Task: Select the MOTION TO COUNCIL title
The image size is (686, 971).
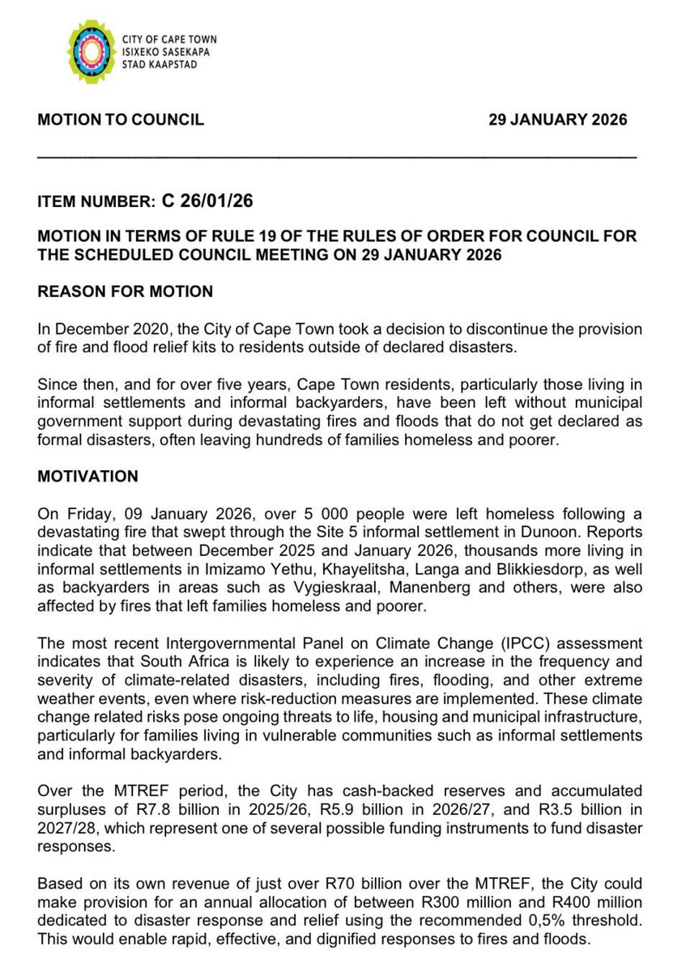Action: pos(121,120)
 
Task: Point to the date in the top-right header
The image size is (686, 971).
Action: pos(557,120)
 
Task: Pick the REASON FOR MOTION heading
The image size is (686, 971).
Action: pos(126,292)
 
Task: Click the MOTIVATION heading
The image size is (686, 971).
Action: pos(87,477)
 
